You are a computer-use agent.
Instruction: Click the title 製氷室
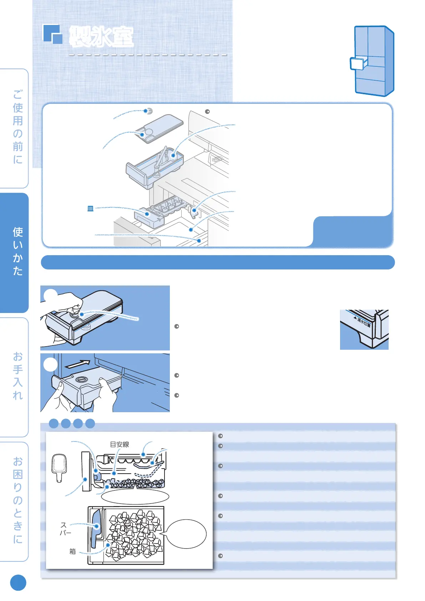click(101, 36)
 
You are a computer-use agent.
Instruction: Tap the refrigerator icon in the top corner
click(373, 61)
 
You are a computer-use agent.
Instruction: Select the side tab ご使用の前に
click(17, 127)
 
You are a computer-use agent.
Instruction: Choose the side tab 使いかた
click(17, 251)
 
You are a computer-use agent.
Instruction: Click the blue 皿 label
click(91, 208)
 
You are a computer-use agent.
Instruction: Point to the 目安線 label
click(119, 444)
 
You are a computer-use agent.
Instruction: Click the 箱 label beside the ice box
click(72, 551)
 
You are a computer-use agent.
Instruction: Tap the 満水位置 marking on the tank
click(364, 322)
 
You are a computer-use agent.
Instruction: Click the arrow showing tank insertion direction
click(78, 364)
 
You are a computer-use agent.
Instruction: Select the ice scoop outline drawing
click(59, 468)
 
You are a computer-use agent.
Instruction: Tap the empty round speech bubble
click(186, 534)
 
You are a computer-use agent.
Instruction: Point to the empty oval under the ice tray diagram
click(135, 496)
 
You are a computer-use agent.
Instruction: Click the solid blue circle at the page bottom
click(18, 583)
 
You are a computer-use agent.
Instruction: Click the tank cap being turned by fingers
click(76, 314)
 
